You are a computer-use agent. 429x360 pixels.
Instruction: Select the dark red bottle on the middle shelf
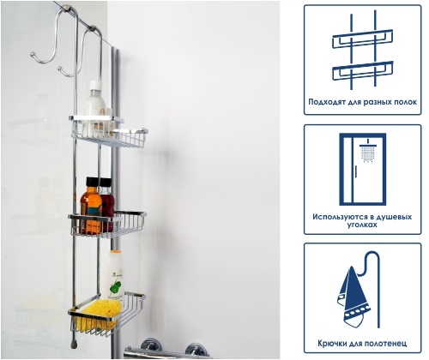point(107,203)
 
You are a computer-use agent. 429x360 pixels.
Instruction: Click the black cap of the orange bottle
point(93,182)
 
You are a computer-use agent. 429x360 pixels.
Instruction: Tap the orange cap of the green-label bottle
point(116,252)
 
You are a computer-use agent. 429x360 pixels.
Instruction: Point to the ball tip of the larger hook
point(33,54)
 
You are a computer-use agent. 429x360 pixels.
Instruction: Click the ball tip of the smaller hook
point(59,69)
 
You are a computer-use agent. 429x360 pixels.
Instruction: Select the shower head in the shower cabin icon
point(367,151)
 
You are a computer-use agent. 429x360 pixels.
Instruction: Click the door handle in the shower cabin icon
point(356,171)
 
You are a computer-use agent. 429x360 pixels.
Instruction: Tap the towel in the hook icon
point(353,298)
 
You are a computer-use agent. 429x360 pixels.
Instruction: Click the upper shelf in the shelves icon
point(363,39)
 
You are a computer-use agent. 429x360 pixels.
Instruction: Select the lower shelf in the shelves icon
point(363,70)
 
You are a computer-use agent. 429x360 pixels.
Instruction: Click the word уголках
point(362,225)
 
